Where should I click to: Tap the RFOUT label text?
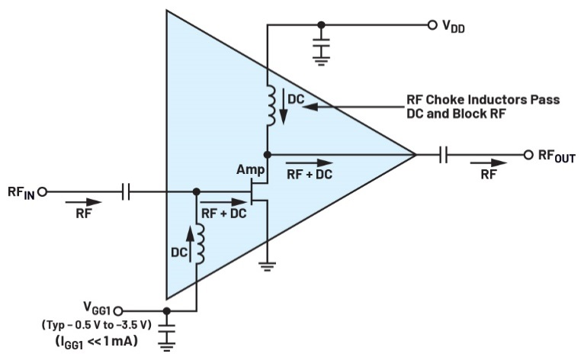[556, 156]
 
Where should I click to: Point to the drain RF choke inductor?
[271, 105]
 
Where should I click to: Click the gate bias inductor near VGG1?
[199, 243]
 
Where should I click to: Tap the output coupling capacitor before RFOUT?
[444, 155]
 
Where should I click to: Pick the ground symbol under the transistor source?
[268, 265]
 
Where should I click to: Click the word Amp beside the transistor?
[250, 170]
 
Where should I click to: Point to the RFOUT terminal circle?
[528, 155]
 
